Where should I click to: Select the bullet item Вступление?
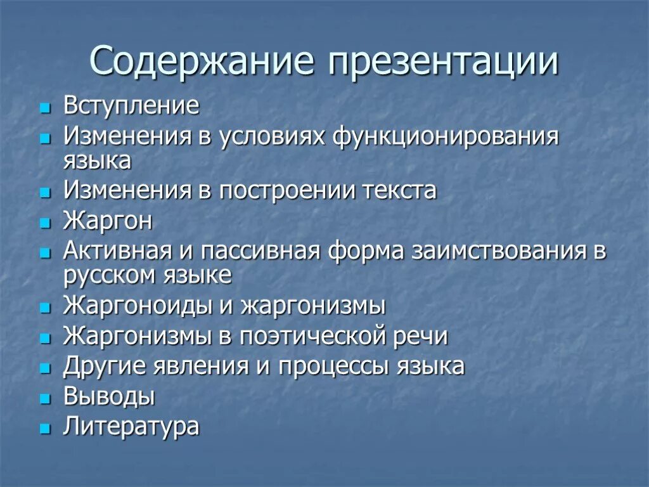point(131,105)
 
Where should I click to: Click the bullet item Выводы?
point(109,397)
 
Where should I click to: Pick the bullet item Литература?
point(131,426)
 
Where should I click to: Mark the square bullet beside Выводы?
point(44,399)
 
